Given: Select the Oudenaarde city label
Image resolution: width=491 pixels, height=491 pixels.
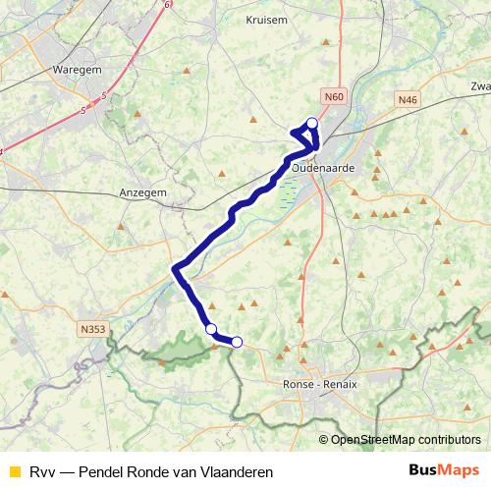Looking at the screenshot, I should point(324,168).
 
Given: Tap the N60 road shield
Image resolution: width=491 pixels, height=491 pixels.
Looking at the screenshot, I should point(334,97).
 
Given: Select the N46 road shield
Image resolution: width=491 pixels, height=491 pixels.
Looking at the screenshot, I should point(409,99).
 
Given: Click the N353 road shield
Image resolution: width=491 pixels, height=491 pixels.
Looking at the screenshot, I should point(94,329).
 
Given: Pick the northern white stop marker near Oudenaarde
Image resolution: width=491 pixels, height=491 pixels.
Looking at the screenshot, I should point(312,123).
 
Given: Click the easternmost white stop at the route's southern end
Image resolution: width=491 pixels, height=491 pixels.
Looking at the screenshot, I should point(237,342).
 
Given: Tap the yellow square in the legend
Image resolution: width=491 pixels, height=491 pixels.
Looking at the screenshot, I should point(14,472).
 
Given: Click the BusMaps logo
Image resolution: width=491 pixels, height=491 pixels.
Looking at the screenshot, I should point(444,471).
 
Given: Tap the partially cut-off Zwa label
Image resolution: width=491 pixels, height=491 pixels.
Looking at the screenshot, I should point(480,85).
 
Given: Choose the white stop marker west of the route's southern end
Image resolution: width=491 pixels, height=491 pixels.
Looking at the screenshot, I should point(210,328).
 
